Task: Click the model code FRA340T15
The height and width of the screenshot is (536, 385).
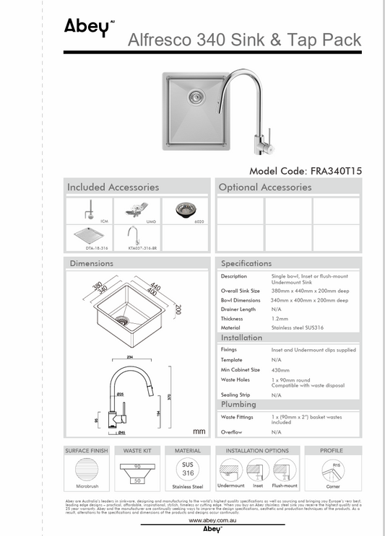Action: [306, 171]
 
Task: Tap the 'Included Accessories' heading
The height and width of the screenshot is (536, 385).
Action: [113, 187]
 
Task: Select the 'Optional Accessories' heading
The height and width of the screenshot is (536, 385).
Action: [265, 187]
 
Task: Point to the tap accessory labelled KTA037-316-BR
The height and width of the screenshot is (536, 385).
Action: [137, 235]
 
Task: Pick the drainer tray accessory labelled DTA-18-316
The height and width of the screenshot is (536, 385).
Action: [90, 235]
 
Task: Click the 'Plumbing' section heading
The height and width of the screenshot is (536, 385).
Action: [238, 405]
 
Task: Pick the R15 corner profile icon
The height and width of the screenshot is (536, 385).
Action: [332, 472]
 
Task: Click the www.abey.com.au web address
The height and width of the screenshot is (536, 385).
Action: [209, 520]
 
